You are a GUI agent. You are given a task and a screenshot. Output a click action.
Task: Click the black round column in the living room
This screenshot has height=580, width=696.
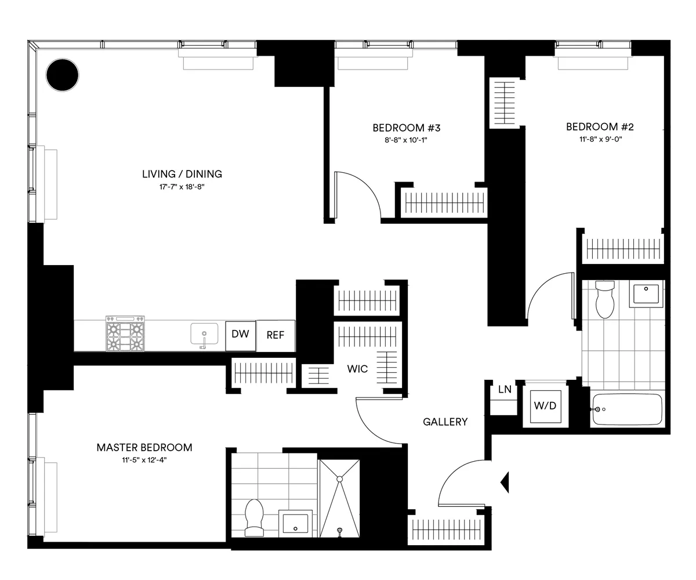pyautogui.click(x=62, y=75)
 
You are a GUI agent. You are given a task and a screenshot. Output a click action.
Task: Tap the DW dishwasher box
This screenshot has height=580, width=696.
pyautogui.click(x=240, y=335)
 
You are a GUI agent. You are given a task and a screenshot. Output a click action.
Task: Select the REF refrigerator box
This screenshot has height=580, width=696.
pyautogui.click(x=275, y=336)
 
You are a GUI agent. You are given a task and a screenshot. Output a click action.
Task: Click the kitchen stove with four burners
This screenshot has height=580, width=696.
pyautogui.click(x=125, y=333)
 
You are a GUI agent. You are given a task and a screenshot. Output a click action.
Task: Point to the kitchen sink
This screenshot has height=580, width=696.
pyautogui.click(x=204, y=335)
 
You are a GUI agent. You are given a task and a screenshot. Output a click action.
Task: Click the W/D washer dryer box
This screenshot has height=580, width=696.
pyautogui.click(x=545, y=406)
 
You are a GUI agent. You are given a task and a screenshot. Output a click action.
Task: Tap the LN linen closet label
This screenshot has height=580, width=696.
pyautogui.click(x=505, y=389)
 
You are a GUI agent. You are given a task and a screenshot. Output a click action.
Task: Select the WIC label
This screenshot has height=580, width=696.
pyautogui.click(x=357, y=369)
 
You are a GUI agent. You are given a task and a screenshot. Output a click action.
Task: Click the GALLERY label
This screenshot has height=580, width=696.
pyautogui.click(x=445, y=422)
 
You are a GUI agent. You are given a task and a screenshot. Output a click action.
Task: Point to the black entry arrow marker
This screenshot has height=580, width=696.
pyautogui.click(x=505, y=481)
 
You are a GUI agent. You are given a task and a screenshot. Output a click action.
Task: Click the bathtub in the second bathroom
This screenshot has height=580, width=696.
pyautogui.click(x=627, y=409)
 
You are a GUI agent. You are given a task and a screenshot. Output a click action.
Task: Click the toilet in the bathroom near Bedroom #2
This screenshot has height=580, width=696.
pyautogui.click(x=604, y=300)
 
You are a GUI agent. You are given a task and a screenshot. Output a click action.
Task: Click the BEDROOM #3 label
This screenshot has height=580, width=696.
pyautogui.click(x=403, y=128)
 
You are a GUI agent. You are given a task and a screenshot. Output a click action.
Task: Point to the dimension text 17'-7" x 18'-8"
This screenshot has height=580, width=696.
pyautogui.click(x=182, y=186)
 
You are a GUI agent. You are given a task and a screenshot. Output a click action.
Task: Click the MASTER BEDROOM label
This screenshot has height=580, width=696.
pyautogui.click(x=144, y=447)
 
